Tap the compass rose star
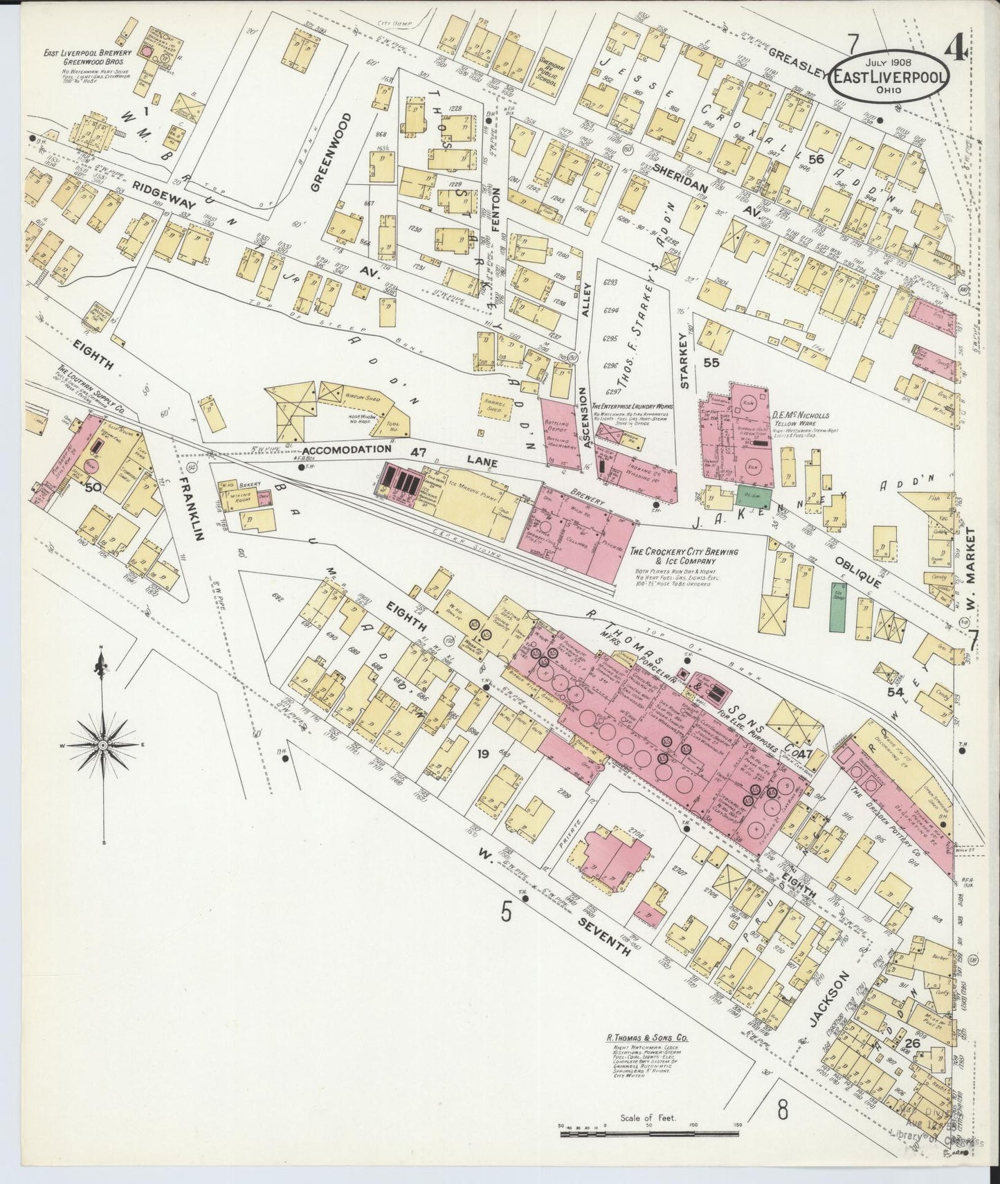pos(102,744)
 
